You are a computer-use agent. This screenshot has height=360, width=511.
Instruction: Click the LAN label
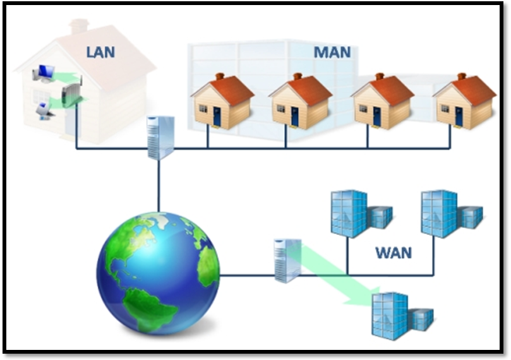pos(100,51)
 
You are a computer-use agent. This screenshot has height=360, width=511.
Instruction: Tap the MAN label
pos(332,51)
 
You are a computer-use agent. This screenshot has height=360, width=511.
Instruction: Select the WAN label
pos(394,253)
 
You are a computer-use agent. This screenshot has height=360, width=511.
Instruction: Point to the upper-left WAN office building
pos(358,213)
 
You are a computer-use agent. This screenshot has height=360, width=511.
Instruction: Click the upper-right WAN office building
pos(448,213)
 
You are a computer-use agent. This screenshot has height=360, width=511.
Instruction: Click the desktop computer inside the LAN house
pos(45,74)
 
